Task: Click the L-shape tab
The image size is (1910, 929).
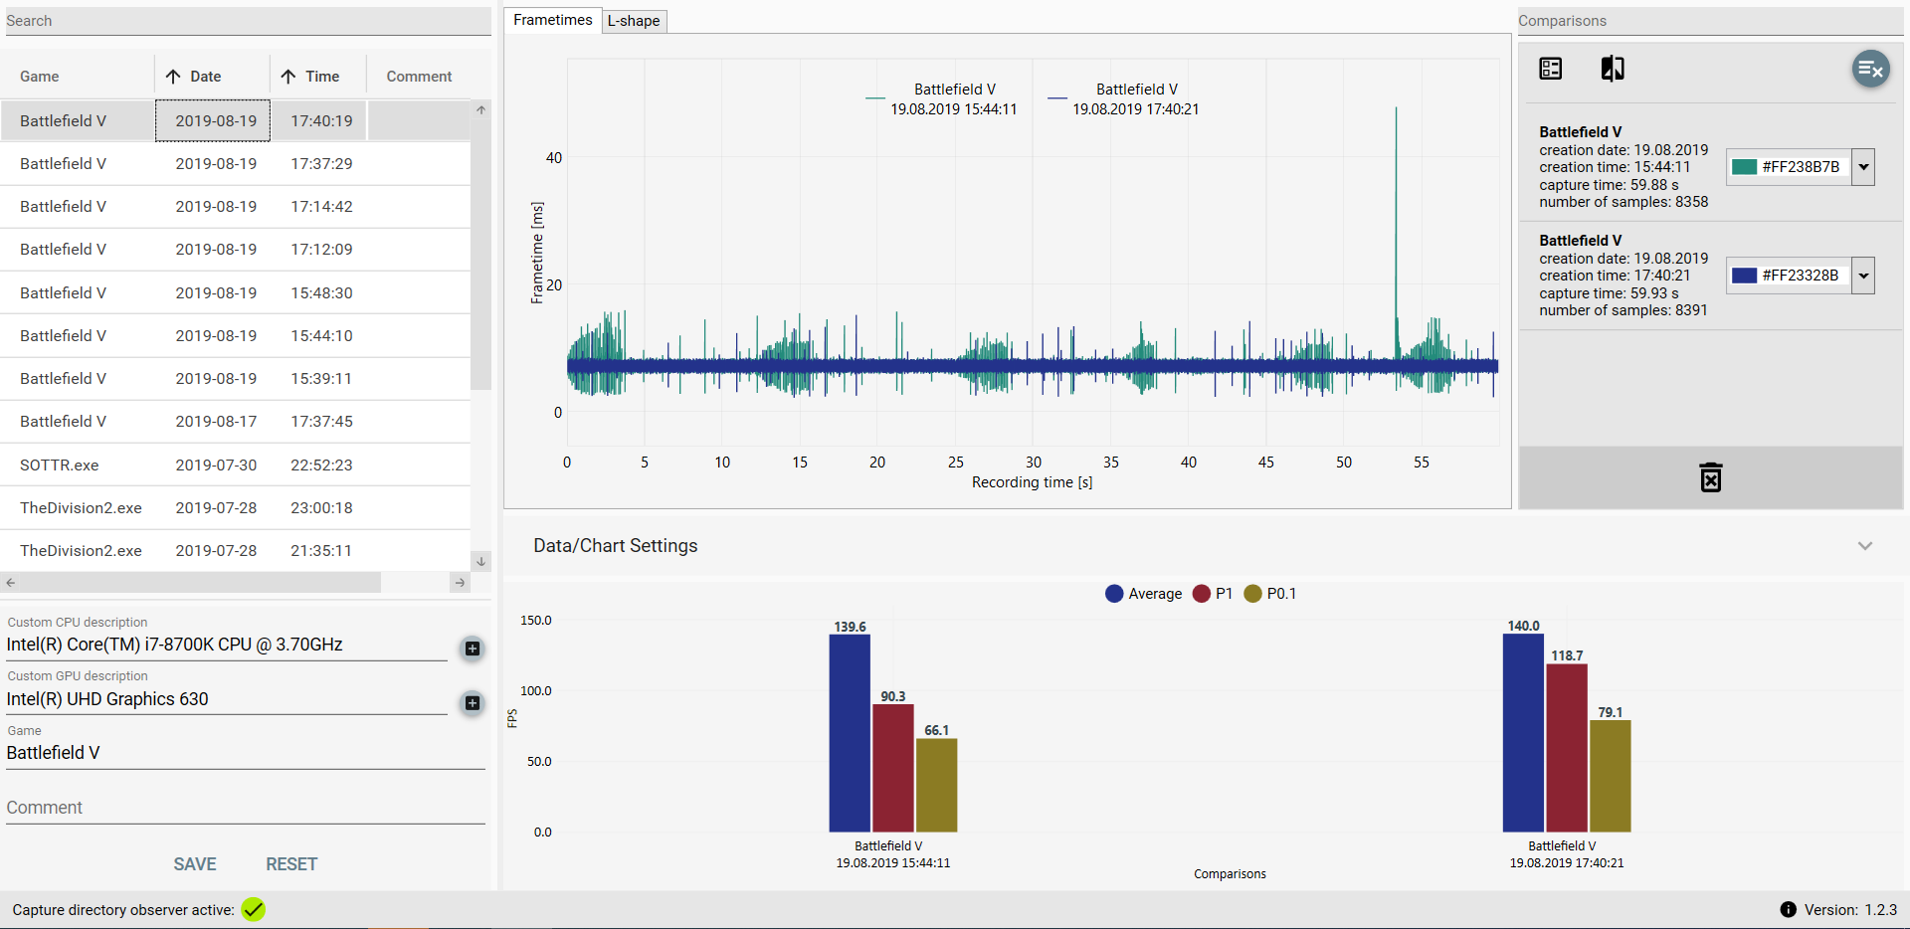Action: (x=634, y=21)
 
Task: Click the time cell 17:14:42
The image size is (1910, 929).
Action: (x=321, y=207)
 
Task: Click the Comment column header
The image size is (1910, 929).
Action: (x=419, y=77)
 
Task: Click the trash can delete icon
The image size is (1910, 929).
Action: (x=1710, y=477)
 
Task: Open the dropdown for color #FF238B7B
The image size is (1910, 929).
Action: (x=1863, y=167)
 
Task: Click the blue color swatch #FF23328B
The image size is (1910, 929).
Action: (x=1744, y=276)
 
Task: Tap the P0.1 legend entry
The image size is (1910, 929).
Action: (x=1269, y=594)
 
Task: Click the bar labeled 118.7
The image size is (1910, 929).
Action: (x=1567, y=746)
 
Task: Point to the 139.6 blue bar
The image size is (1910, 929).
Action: (x=850, y=732)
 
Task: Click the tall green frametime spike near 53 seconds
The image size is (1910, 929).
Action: (x=1396, y=199)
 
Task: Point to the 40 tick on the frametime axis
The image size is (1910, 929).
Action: (x=554, y=158)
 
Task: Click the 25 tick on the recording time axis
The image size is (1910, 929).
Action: (x=955, y=463)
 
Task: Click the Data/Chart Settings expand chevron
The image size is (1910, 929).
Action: (x=1864, y=546)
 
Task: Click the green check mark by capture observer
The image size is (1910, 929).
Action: (x=254, y=909)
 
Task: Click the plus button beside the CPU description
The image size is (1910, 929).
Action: (x=473, y=649)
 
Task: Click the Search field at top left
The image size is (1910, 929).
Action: (x=247, y=21)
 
